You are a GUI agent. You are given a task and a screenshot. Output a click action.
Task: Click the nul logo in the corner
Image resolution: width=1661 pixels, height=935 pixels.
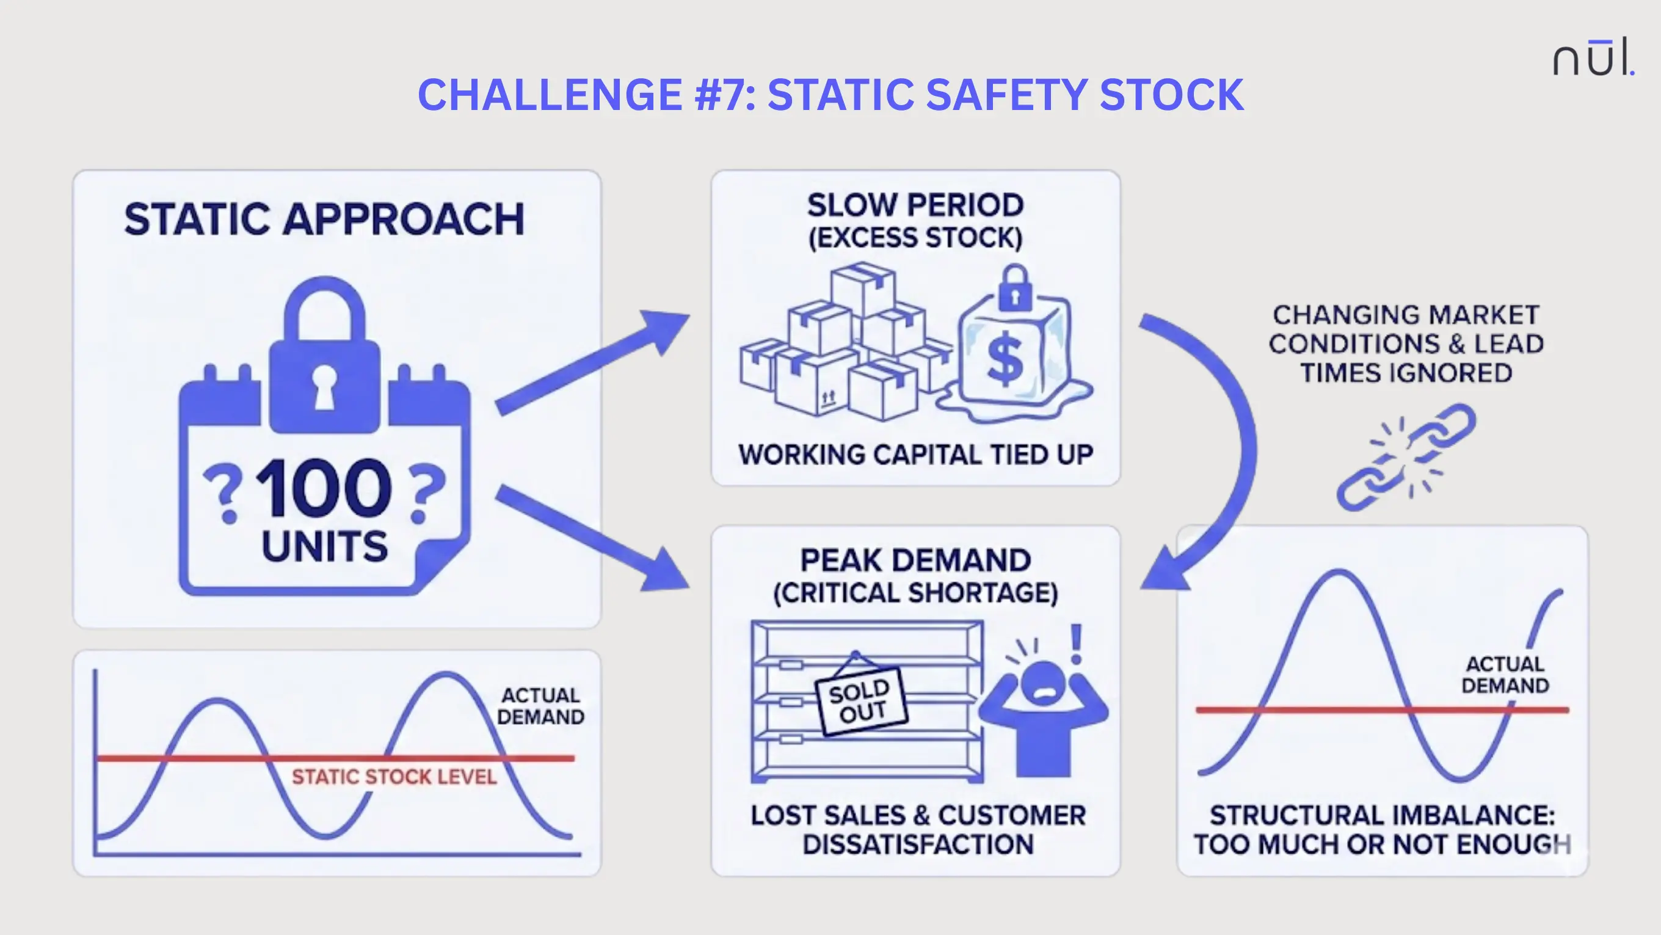pyautogui.click(x=1593, y=58)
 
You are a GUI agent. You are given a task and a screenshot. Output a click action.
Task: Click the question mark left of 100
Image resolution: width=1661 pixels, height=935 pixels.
pyautogui.click(x=223, y=493)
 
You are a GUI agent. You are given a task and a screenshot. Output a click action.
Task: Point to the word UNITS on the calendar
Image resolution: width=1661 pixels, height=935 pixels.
pyautogui.click(x=324, y=546)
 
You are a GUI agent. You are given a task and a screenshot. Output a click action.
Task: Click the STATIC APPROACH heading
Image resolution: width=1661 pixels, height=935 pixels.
pyautogui.click(x=324, y=219)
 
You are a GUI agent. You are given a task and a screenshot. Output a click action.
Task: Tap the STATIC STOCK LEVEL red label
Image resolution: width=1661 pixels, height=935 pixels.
pyautogui.click(x=394, y=777)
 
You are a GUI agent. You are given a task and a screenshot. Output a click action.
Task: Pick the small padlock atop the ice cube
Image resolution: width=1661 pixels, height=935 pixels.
pyautogui.click(x=1015, y=288)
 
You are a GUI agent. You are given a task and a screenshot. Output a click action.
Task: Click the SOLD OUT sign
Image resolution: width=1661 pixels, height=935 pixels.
pyautogui.click(x=860, y=702)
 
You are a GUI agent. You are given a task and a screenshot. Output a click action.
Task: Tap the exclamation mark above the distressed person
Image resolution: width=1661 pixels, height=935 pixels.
pyautogui.click(x=1075, y=644)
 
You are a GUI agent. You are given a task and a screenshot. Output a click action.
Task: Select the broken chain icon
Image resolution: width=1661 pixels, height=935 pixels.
pyautogui.click(x=1406, y=457)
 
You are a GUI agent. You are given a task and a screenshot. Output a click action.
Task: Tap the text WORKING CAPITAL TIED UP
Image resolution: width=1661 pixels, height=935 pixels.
pyautogui.click(x=915, y=455)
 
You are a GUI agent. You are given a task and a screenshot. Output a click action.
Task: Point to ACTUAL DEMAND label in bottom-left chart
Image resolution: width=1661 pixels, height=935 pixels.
pyautogui.click(x=540, y=706)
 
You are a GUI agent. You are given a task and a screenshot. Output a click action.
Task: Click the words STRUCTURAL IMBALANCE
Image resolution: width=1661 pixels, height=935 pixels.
pyautogui.click(x=1382, y=816)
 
